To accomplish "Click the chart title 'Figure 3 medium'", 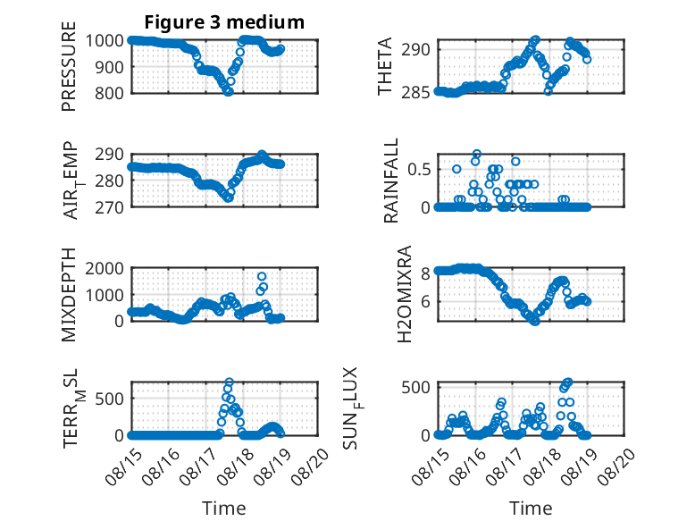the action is click(x=224, y=21).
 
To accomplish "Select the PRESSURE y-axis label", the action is click(x=69, y=66).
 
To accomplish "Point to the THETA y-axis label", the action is click(x=385, y=66).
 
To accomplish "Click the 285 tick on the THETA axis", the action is click(x=416, y=93).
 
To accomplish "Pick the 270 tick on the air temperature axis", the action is click(x=109, y=207).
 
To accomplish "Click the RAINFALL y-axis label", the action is click(x=391, y=181).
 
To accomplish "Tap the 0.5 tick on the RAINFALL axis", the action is click(x=419, y=170).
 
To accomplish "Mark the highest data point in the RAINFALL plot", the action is click(x=476, y=155).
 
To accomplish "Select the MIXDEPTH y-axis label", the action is click(x=69, y=294).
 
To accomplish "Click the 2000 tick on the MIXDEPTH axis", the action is click(x=105, y=268).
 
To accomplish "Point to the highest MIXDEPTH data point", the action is click(x=262, y=277).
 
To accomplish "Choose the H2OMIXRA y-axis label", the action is click(x=406, y=294).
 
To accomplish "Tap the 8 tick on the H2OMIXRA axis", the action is click(x=425, y=273).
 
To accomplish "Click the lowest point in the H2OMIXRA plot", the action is click(x=535, y=321).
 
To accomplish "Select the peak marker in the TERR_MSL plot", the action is click(x=230, y=382).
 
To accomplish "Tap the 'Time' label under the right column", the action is click(x=531, y=508).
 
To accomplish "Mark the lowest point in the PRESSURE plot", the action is click(x=229, y=92).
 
